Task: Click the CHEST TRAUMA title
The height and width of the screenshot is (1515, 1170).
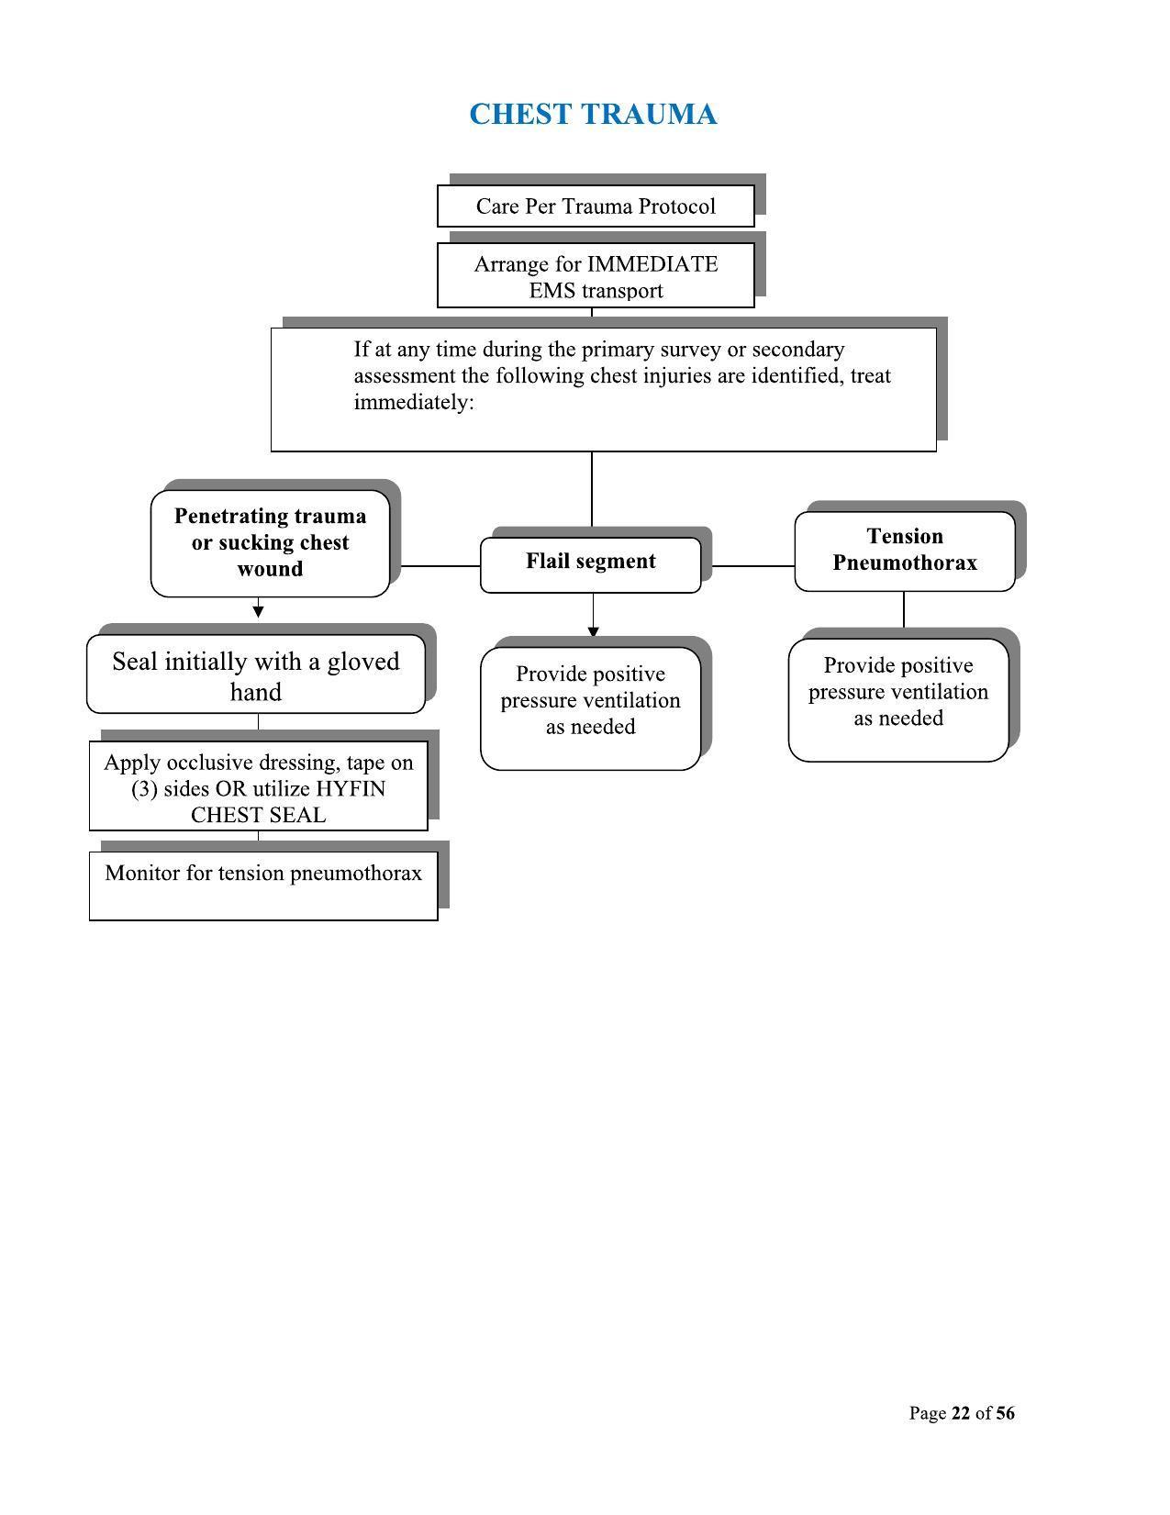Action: pyautogui.click(x=593, y=115)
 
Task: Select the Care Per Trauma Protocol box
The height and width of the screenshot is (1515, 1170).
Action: pyautogui.click(x=596, y=206)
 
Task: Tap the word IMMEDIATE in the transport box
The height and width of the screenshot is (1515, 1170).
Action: pyautogui.click(x=652, y=264)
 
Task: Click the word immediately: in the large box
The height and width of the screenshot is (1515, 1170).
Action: pyautogui.click(x=414, y=402)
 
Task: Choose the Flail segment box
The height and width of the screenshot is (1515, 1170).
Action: pyautogui.click(x=590, y=563)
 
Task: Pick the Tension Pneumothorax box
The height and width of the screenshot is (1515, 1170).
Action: pyautogui.click(x=904, y=550)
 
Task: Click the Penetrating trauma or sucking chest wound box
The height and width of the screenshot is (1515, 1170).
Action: pyautogui.click(x=270, y=543)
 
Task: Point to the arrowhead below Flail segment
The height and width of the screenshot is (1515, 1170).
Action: pyautogui.click(x=593, y=631)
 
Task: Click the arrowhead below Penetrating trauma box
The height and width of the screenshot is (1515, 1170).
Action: pyautogui.click(x=258, y=611)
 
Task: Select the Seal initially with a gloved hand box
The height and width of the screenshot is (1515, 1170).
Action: pyautogui.click(x=256, y=675)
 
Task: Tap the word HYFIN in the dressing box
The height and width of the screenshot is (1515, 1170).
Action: pyautogui.click(x=351, y=789)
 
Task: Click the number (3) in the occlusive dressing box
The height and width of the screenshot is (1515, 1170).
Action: pyautogui.click(x=144, y=789)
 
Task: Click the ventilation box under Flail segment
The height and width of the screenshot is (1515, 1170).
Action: pyautogui.click(x=590, y=707)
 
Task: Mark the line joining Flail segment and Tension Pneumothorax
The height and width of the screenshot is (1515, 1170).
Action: pyautogui.click(x=752, y=566)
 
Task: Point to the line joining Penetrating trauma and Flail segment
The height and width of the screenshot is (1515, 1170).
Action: pyautogui.click(x=440, y=566)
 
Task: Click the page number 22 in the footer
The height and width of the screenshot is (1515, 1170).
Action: pyautogui.click(x=961, y=1413)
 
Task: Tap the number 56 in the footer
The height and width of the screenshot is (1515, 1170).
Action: pyautogui.click(x=1005, y=1413)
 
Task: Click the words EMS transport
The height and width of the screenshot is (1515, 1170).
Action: pyautogui.click(x=596, y=291)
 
